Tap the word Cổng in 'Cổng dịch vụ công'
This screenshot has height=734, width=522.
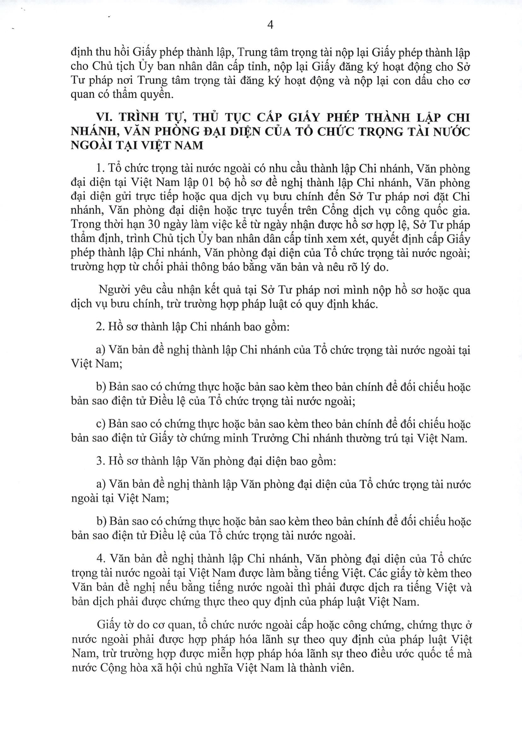pos(338,211)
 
